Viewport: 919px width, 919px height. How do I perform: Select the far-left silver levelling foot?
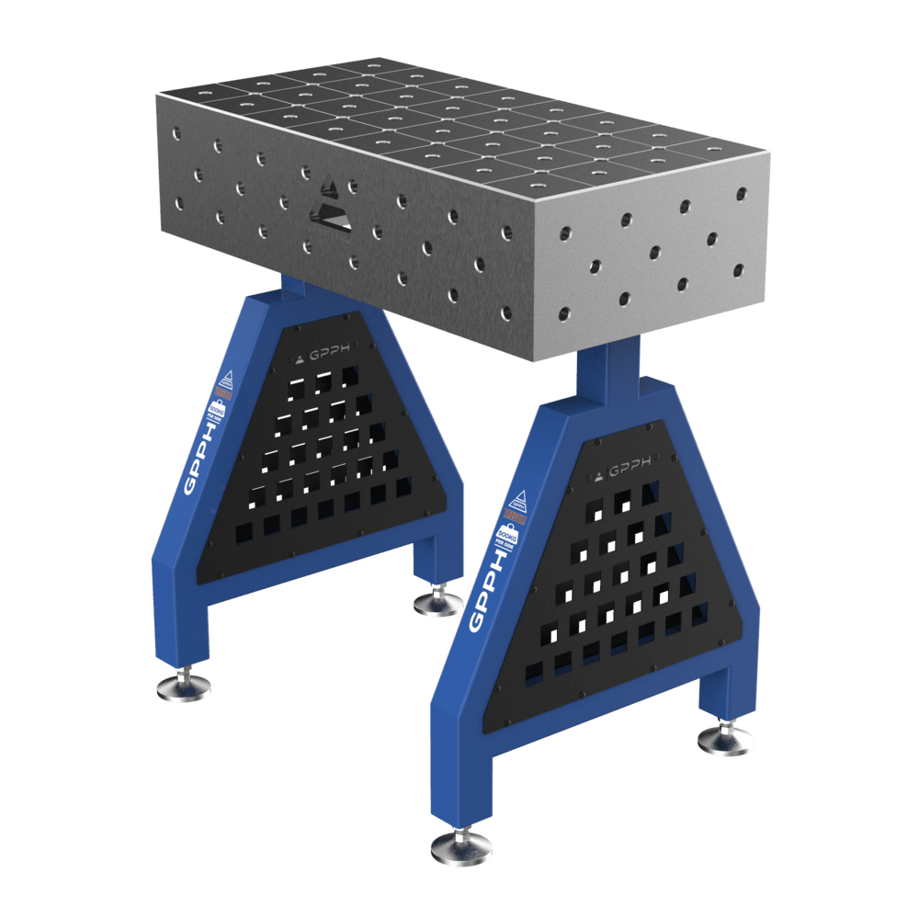pyautogui.click(x=184, y=686)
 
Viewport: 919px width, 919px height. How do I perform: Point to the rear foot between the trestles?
pyautogui.click(x=437, y=604)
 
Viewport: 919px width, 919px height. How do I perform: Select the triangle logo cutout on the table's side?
pyautogui.click(x=331, y=206)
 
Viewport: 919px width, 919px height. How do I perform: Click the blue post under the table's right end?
pyautogui.click(x=607, y=372)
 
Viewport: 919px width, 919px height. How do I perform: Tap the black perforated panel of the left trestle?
pyautogui.click(x=312, y=459)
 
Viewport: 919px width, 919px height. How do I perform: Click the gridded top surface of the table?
pyautogui.click(x=441, y=119)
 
